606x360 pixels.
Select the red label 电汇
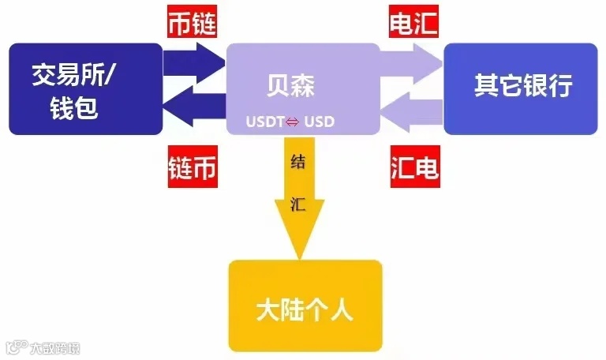click(x=414, y=24)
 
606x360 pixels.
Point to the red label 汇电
click(x=414, y=168)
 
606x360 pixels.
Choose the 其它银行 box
click(x=520, y=87)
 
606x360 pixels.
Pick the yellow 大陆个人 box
click(x=305, y=306)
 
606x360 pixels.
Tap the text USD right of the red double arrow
click(x=320, y=123)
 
